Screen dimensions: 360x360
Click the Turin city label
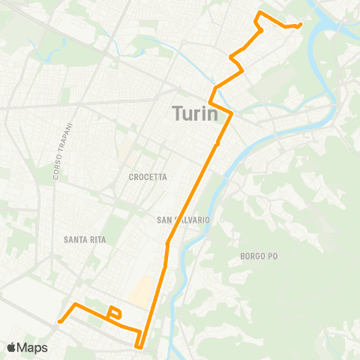pos(195,114)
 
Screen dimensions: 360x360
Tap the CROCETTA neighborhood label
pos(147,177)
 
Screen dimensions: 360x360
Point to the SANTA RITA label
pos(85,240)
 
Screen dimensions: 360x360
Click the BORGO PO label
pos(259,256)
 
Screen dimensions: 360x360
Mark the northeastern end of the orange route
pos(300,25)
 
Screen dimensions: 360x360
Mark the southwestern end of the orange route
pos(59,322)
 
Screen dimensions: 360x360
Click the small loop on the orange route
pos(114,312)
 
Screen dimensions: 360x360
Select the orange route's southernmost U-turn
pos(139,346)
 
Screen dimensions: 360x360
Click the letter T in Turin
pos(178,114)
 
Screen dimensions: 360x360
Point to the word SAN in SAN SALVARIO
pos(164,220)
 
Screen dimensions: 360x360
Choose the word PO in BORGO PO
pos(271,256)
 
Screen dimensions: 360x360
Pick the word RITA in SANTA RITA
pos(97,240)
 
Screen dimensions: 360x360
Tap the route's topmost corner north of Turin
pos(259,13)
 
